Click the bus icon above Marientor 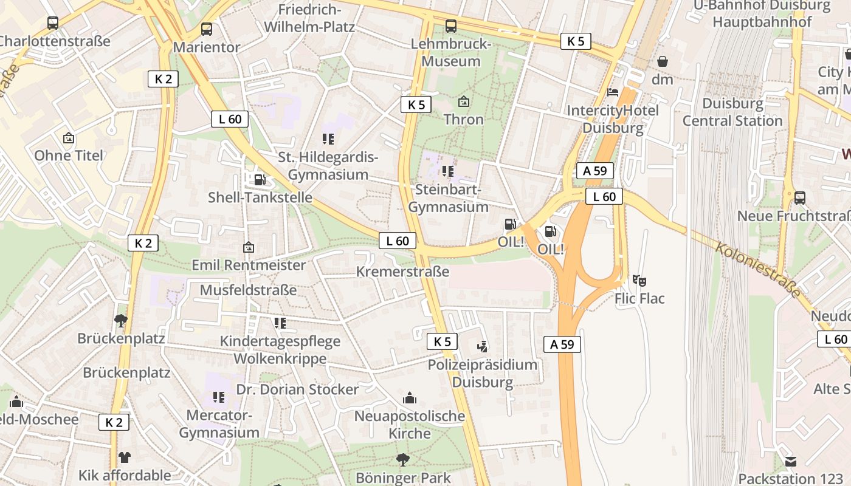(x=207, y=29)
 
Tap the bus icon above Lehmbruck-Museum (x=450, y=26)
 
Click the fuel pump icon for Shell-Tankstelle (x=260, y=179)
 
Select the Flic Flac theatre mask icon (x=639, y=280)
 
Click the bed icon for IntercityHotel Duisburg (x=613, y=92)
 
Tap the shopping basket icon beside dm (x=663, y=61)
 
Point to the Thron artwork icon (x=464, y=101)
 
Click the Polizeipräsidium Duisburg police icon (x=483, y=346)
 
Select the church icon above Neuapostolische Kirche (x=410, y=398)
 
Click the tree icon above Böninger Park (x=402, y=459)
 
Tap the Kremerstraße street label (x=402, y=272)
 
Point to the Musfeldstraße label (x=248, y=290)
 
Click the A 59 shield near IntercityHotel (x=594, y=171)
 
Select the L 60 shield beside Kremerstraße (x=398, y=241)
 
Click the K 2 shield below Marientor (x=163, y=78)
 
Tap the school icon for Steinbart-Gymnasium (x=449, y=171)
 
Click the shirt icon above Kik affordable (x=125, y=457)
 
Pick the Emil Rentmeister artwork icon (x=248, y=247)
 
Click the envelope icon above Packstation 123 (x=790, y=461)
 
